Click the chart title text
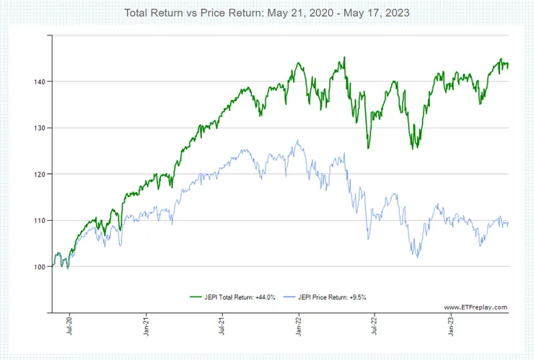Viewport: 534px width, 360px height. [x=266, y=14]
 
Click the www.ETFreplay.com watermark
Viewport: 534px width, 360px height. [x=475, y=307]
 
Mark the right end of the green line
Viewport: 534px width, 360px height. [x=508, y=65]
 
